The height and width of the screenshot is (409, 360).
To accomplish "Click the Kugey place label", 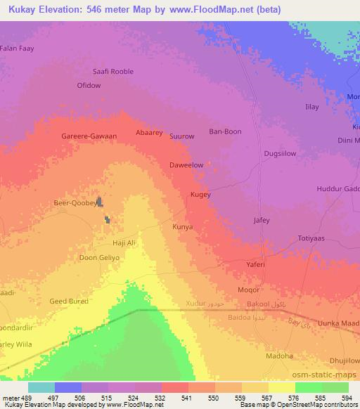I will pos(200,194).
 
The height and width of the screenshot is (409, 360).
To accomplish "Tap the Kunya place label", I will pos(182,227).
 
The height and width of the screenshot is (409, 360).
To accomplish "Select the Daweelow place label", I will pos(186,165).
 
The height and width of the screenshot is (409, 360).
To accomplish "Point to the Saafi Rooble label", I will pos(113,71).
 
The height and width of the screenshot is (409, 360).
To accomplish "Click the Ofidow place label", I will pos(89,85).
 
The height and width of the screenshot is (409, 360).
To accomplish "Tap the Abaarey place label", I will pos(148,131).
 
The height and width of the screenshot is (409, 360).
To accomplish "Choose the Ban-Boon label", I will pos(226,131).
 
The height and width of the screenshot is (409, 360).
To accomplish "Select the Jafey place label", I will pos(261,220).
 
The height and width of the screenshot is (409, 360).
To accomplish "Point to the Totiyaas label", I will pos(311,238).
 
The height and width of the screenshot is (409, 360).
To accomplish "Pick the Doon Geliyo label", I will pos(98,257).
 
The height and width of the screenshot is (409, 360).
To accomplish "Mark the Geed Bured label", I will pos(68,301).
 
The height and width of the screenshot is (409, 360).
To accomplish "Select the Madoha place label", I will pos(279,356).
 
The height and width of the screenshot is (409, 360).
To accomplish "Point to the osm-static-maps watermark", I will pos(330,375).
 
